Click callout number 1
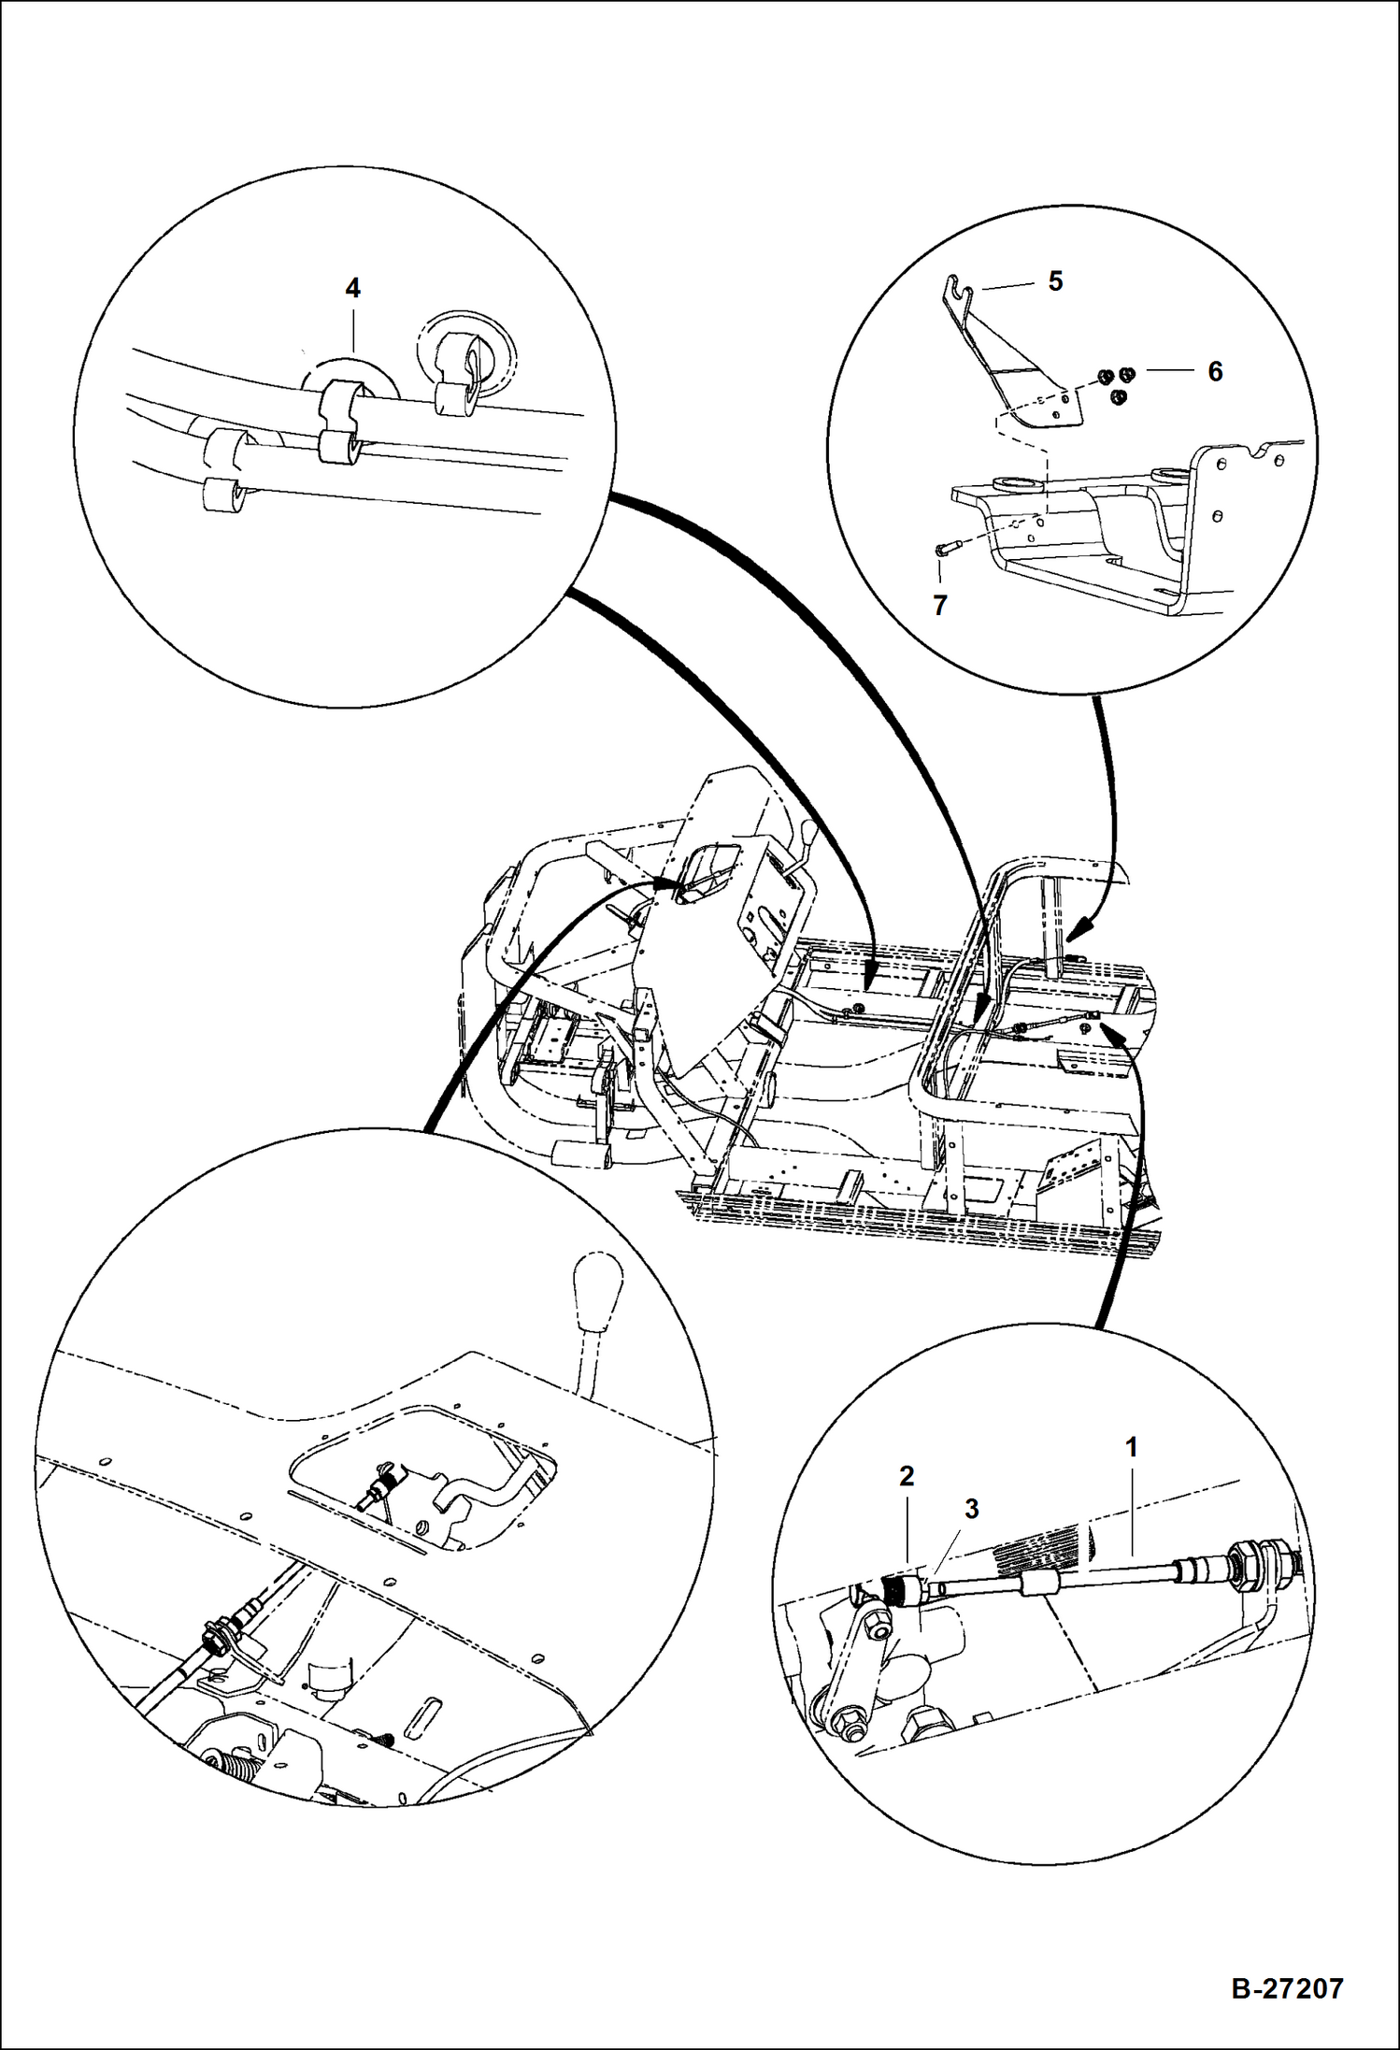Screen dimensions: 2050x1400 pyautogui.click(x=1131, y=1448)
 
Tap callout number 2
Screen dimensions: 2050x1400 pyautogui.click(x=906, y=1477)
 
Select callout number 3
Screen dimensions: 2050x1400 pyautogui.click(x=971, y=1509)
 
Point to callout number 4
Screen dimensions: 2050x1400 pyautogui.click(x=352, y=288)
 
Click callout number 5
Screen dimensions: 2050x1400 pyautogui.click(x=1055, y=281)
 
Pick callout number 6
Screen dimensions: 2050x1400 pyautogui.click(x=1214, y=371)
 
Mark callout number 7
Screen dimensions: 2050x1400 pyautogui.click(x=940, y=605)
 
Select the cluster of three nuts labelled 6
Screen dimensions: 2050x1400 pyautogui.click(x=1116, y=383)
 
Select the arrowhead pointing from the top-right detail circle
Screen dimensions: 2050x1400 pyautogui.click(x=1078, y=930)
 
